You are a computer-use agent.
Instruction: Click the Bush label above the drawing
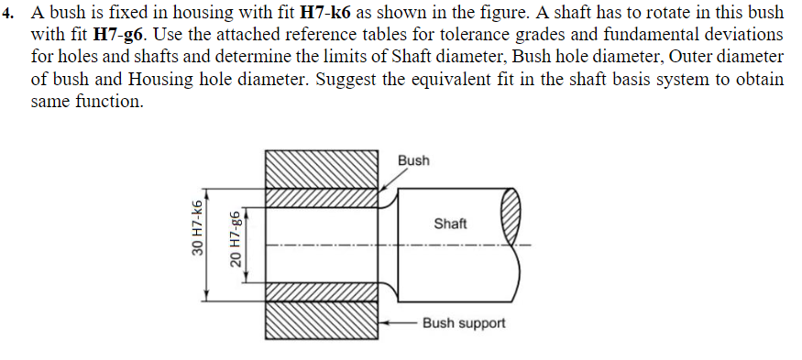413,160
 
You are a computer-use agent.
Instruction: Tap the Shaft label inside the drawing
450,224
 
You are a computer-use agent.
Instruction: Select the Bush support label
464,323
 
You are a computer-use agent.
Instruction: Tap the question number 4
12,14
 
